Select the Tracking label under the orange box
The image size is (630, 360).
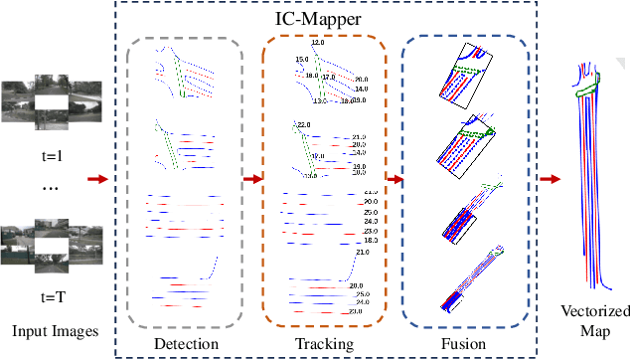pos(323,344)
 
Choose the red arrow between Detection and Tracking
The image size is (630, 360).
pos(252,180)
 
